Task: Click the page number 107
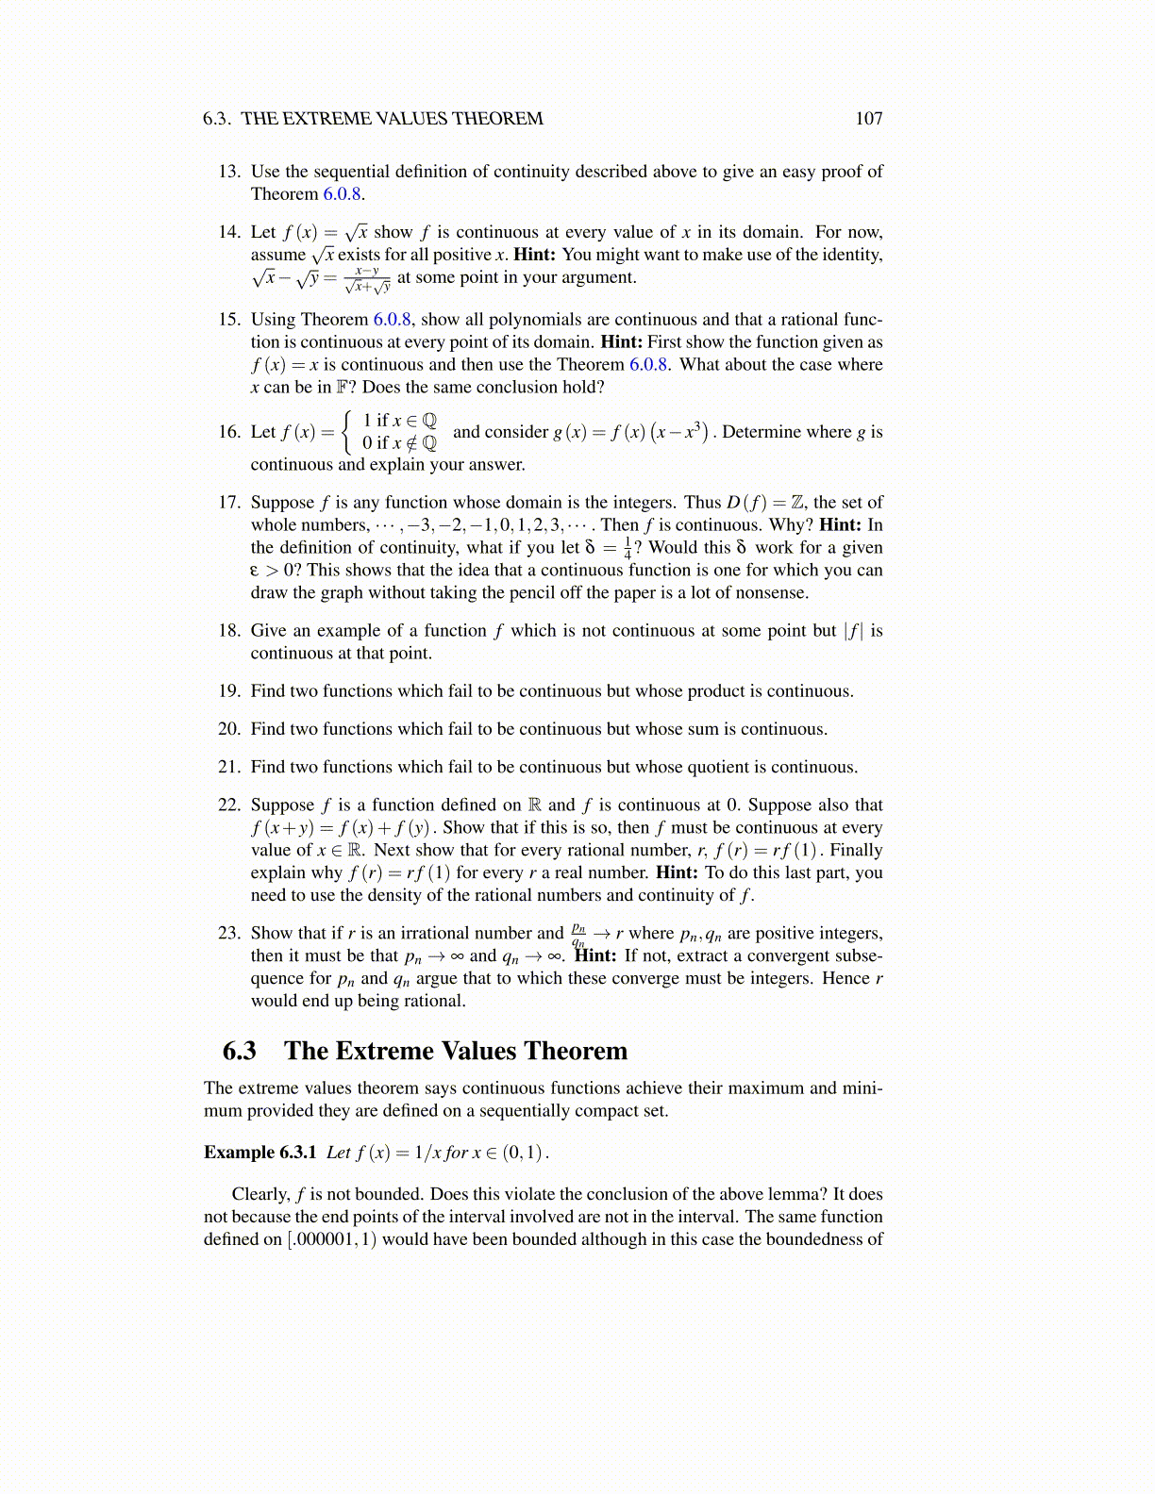tap(868, 119)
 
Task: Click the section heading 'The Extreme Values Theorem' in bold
tap(456, 1051)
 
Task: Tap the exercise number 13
tap(229, 172)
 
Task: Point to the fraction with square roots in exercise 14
tap(367, 278)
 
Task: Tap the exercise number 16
tap(229, 432)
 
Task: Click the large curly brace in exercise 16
tap(350, 431)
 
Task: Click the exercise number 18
tap(229, 631)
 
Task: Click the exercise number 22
tap(229, 805)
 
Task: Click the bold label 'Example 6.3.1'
tap(259, 1153)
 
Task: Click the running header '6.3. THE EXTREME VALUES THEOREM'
tap(373, 119)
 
